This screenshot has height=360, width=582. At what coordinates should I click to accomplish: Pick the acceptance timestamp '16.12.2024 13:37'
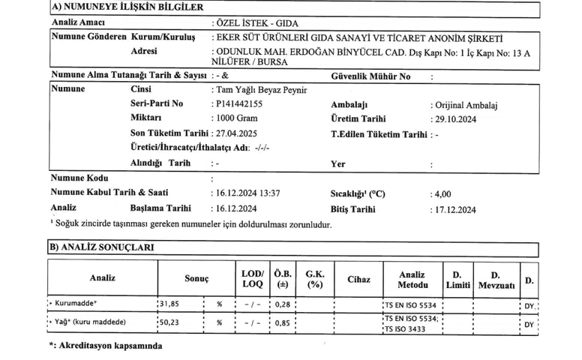pyautogui.click(x=248, y=193)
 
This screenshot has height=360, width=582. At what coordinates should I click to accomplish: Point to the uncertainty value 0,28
pyautogui.click(x=283, y=304)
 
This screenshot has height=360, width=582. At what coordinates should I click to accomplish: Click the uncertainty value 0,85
pyautogui.click(x=283, y=323)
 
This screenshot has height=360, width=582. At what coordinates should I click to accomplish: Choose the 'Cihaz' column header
pyautogui.click(x=358, y=279)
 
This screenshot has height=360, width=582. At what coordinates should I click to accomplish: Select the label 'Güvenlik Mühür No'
pyautogui.click(x=370, y=76)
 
